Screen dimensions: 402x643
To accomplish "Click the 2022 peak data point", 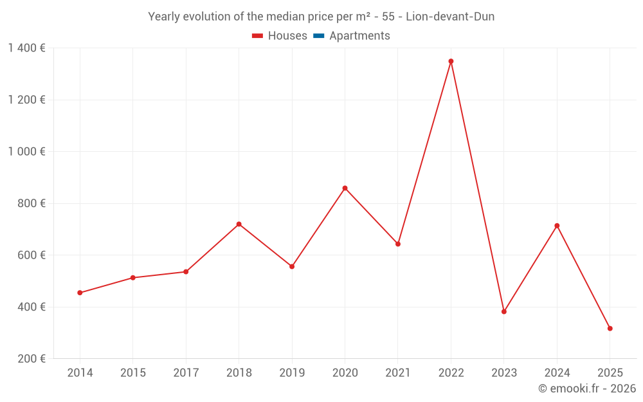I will [x=451, y=61].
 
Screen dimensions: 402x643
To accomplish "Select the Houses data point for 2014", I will [x=80, y=293].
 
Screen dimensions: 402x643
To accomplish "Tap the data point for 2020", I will [x=345, y=188].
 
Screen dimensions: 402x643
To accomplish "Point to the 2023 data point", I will [x=504, y=311].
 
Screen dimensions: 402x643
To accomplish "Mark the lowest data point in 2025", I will [x=610, y=329].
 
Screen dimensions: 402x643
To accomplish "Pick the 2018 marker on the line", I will [x=239, y=224].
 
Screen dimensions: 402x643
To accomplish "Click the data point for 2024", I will [x=557, y=226].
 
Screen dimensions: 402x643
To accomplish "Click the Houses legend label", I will [x=287, y=36].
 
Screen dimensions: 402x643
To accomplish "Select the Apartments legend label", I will [x=359, y=36].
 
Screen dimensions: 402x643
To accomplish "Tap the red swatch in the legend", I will [x=257, y=36].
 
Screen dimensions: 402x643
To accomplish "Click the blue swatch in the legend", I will [x=318, y=36].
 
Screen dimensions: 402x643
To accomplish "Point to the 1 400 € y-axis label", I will [x=26, y=48].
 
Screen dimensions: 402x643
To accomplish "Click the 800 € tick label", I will [x=32, y=203].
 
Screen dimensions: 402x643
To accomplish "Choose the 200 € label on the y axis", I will [x=32, y=359].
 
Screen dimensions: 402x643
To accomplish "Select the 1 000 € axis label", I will [x=26, y=152].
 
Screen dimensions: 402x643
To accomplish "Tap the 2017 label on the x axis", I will [x=186, y=373].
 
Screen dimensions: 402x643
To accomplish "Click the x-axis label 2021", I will [x=398, y=373].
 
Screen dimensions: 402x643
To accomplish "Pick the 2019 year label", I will [x=292, y=373].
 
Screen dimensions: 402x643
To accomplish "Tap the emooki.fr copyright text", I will [x=587, y=388].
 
